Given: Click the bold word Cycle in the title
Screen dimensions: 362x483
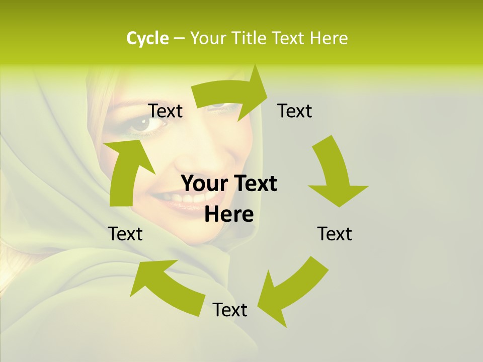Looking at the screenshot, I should pyautogui.click(x=147, y=38).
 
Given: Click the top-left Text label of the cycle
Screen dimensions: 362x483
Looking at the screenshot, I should pyautogui.click(x=166, y=111).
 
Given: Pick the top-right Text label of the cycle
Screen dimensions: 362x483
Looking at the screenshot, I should pyautogui.click(x=295, y=111).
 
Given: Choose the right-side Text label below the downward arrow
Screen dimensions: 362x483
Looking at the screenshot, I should pyautogui.click(x=335, y=234).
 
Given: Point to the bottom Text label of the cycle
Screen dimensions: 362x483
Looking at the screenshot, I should pyautogui.click(x=230, y=310).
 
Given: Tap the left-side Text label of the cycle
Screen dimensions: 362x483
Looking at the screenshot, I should pyautogui.click(x=125, y=234).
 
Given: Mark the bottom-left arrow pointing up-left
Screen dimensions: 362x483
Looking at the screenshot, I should pyautogui.click(x=166, y=284).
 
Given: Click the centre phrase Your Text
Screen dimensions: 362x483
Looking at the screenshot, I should pyautogui.click(x=229, y=184).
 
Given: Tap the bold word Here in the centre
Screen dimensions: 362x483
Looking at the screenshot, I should pyautogui.click(x=229, y=215).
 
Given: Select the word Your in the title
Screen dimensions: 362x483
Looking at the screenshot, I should pyautogui.click(x=208, y=38).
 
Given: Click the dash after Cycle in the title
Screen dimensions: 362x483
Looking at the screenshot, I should pyautogui.click(x=179, y=38).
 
